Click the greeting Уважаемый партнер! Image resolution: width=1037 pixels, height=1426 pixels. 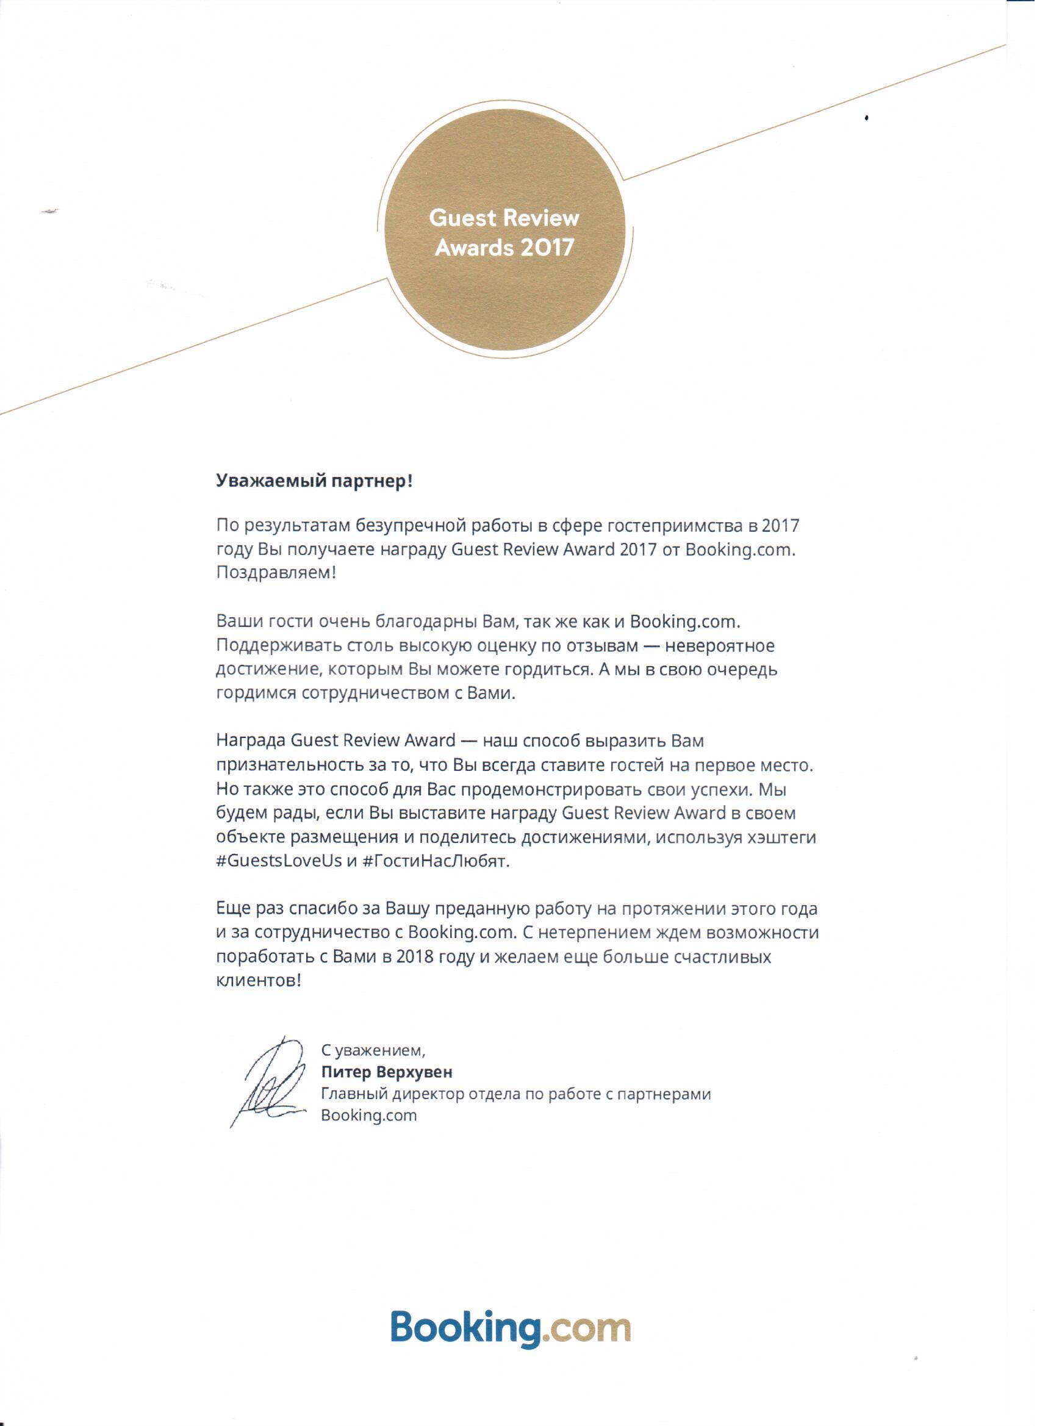coord(314,482)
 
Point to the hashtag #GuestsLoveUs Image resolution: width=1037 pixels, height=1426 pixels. coord(279,862)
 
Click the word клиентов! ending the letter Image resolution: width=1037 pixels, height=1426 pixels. coord(259,981)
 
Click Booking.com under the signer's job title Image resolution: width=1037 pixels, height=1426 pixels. coord(369,1116)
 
